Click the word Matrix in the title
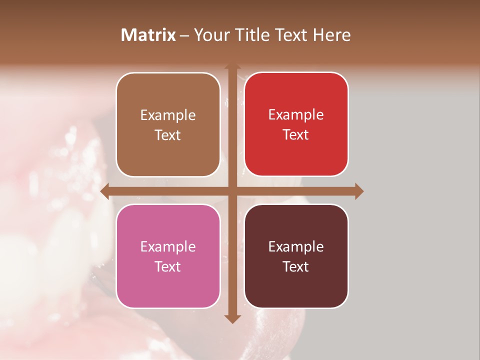148,35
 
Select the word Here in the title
331,35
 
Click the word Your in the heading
210,35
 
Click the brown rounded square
168,124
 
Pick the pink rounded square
168,256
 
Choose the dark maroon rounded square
296,256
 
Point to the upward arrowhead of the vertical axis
232,66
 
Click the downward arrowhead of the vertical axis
232,319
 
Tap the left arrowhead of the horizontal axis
104,191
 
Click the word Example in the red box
296,114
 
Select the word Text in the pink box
168,266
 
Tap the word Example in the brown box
168,115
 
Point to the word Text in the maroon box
296,266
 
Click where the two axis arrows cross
232,191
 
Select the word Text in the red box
296,134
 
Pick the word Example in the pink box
168,246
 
